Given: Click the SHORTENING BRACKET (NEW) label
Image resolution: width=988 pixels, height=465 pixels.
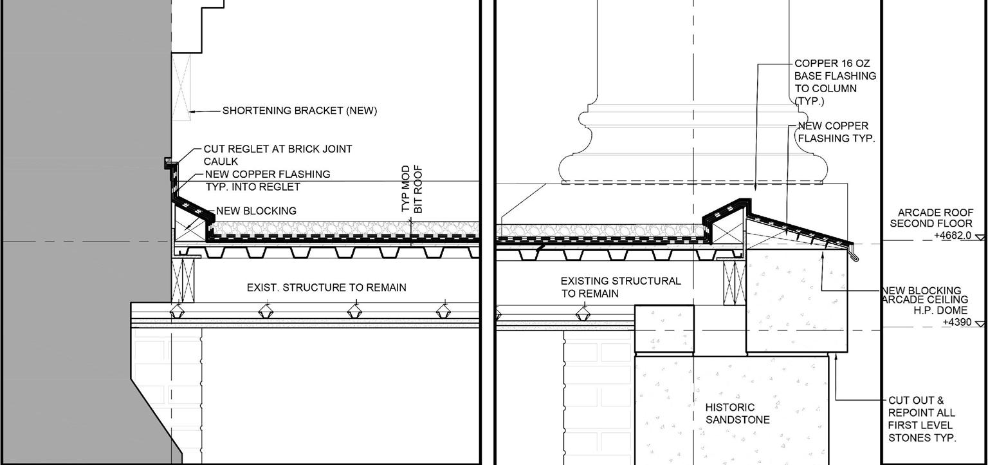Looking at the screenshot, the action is pyautogui.click(x=300, y=111).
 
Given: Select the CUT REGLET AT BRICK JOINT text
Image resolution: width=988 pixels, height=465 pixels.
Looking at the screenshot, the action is pyautogui.click(x=278, y=149).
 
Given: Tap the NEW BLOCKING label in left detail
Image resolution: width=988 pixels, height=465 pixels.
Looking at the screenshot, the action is pyautogui.click(x=256, y=211).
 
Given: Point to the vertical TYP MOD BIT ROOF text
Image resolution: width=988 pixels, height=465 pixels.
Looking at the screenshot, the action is pyautogui.click(x=412, y=189).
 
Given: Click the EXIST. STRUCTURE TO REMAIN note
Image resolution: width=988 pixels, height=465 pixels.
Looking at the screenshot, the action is pyautogui.click(x=326, y=287).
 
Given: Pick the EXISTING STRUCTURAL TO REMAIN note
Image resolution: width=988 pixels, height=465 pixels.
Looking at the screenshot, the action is pyautogui.click(x=620, y=287).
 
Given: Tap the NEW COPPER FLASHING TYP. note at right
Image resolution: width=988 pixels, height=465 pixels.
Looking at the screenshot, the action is pyautogui.click(x=836, y=132).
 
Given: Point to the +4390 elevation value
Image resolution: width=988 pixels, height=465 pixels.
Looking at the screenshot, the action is pyautogui.click(x=957, y=322).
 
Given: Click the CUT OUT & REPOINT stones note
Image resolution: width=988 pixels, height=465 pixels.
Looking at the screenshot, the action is pyautogui.click(x=922, y=419).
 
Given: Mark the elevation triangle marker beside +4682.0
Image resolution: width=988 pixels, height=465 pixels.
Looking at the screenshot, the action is pyautogui.click(x=980, y=238).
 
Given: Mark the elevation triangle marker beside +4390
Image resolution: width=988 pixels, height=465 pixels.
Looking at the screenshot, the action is pyautogui.click(x=980, y=324).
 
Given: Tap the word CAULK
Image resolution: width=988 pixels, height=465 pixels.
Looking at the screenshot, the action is pyautogui.click(x=221, y=162).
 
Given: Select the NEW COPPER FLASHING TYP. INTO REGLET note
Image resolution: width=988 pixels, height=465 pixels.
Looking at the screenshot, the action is pyautogui.click(x=268, y=180).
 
